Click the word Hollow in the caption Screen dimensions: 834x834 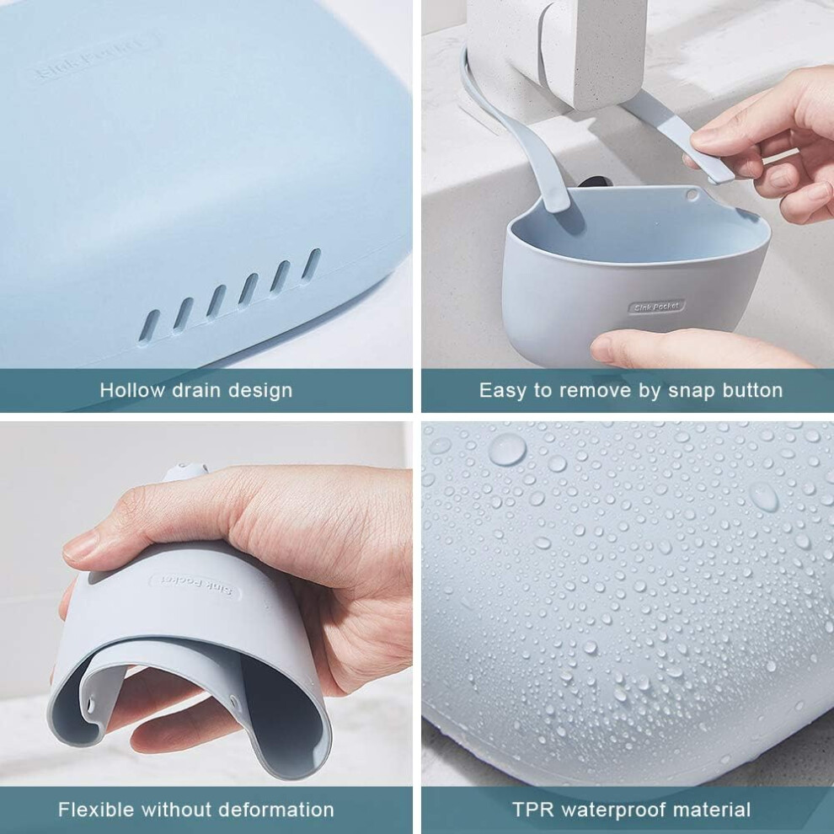click(132, 390)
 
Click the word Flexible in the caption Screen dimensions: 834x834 click(96, 810)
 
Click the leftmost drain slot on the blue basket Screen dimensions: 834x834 click(149, 325)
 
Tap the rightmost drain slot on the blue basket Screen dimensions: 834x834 click(311, 264)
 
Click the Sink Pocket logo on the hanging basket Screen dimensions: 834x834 click(657, 307)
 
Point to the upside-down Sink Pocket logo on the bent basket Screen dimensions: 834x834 click(195, 586)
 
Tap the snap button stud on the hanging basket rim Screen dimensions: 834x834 click(692, 195)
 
